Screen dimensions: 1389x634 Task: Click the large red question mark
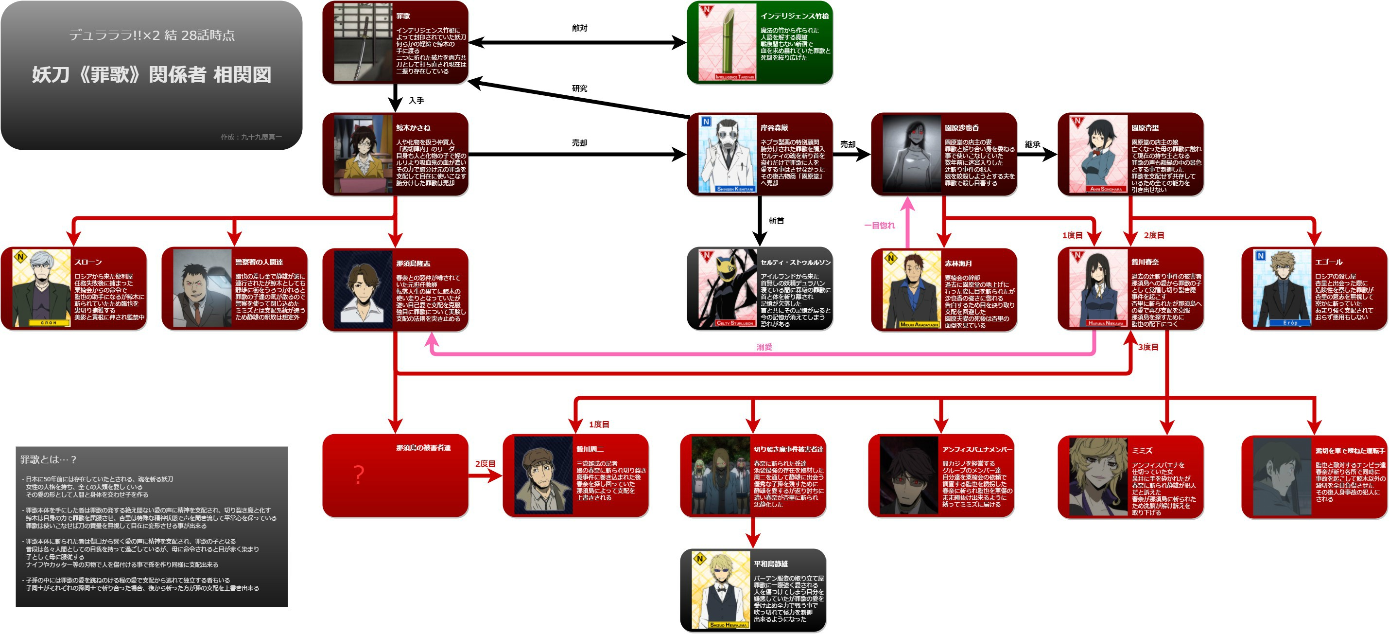pyautogui.click(x=359, y=475)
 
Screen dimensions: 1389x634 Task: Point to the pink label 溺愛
pyautogui.click(x=764, y=347)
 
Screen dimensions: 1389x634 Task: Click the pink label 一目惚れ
pyautogui.click(x=880, y=226)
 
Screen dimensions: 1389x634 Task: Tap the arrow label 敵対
pyautogui.click(x=580, y=28)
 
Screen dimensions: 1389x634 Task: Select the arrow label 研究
pyautogui.click(x=580, y=88)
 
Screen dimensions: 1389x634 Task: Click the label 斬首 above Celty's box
pyautogui.click(x=777, y=221)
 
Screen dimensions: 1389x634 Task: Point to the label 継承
pyautogui.click(x=1033, y=144)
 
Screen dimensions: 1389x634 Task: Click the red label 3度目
pyautogui.click(x=1148, y=347)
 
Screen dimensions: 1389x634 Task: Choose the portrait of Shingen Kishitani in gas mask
pyautogui.click(x=728, y=154)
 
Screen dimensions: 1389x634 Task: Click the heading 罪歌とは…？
pyautogui.click(x=49, y=460)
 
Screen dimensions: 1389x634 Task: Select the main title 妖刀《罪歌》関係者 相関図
pyautogui.click(x=152, y=74)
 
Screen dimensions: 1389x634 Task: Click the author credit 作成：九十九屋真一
pyautogui.click(x=251, y=137)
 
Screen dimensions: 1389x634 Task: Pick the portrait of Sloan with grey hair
pyautogui.click(x=41, y=288)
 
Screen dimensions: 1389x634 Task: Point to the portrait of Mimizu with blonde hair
pyautogui.click(x=1098, y=476)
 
